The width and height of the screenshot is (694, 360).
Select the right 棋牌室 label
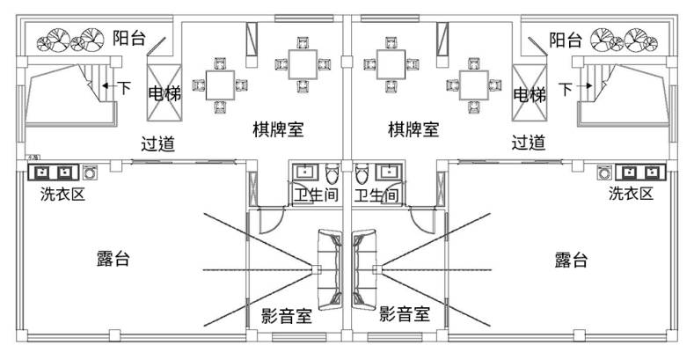(x=413, y=129)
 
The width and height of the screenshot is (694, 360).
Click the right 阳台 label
(x=566, y=40)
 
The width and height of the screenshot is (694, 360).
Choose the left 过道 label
(x=158, y=143)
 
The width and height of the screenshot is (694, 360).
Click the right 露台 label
(x=572, y=261)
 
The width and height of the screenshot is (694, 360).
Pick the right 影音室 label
(x=404, y=314)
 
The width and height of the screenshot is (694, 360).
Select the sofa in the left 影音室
(x=329, y=269)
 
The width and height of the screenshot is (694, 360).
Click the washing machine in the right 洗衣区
(x=603, y=171)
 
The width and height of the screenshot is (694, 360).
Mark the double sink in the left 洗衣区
(x=52, y=171)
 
